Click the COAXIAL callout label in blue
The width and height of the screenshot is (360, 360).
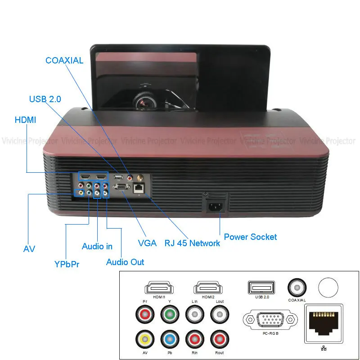[64, 60]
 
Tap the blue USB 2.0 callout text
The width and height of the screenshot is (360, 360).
[45, 99]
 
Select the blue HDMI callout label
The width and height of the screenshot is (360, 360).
[25, 120]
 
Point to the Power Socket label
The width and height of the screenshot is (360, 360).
[250, 237]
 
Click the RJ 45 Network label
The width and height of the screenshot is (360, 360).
[192, 243]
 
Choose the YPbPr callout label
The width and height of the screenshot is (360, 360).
[67, 264]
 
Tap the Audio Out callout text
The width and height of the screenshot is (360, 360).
[125, 262]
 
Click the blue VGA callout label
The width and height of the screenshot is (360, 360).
[147, 243]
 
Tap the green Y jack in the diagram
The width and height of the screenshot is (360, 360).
[170, 313]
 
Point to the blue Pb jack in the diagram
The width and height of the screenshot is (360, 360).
[170, 338]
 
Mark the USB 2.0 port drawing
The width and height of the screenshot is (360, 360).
[261, 287]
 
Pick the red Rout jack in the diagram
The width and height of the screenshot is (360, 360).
[220, 338]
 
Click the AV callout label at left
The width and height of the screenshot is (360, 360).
[29, 249]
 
